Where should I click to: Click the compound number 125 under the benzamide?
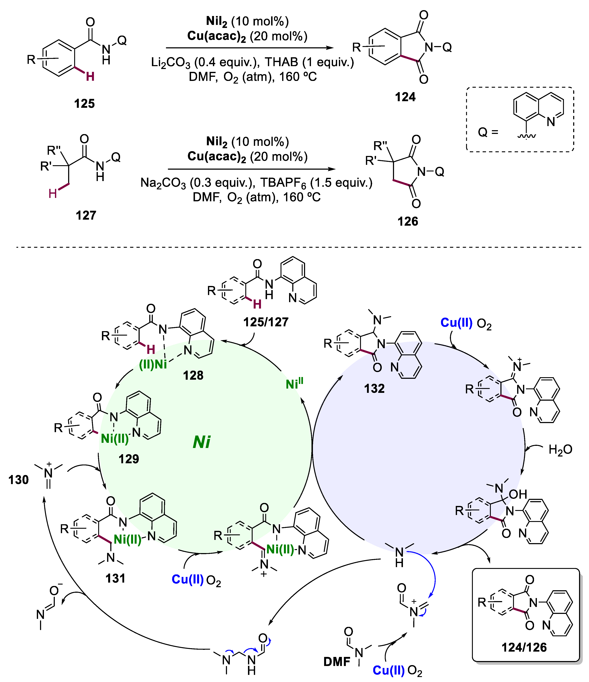[84, 104]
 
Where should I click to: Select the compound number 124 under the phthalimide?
[405, 97]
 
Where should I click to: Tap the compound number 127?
[86, 216]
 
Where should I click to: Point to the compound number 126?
[408, 222]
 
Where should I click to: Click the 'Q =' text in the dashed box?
[488, 132]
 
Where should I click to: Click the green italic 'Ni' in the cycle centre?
[202, 442]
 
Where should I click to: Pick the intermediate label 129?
[129, 459]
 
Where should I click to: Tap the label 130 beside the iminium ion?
[19, 480]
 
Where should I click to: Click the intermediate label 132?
[374, 389]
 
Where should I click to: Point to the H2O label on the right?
[560, 450]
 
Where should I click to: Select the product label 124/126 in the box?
[524, 647]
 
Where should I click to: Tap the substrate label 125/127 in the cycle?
[266, 322]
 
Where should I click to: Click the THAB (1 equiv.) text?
[310, 62]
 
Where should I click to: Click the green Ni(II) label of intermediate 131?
[127, 540]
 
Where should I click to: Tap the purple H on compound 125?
[90, 77]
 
